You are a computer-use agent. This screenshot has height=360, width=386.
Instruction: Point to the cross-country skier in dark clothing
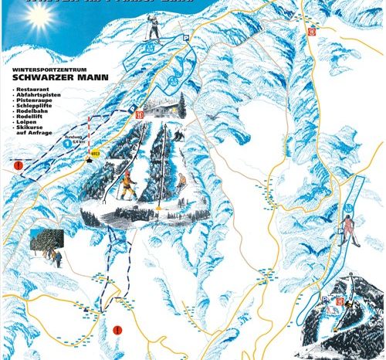154,29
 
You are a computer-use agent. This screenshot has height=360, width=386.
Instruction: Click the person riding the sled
182,182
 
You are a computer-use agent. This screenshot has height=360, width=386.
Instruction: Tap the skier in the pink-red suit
348,229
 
